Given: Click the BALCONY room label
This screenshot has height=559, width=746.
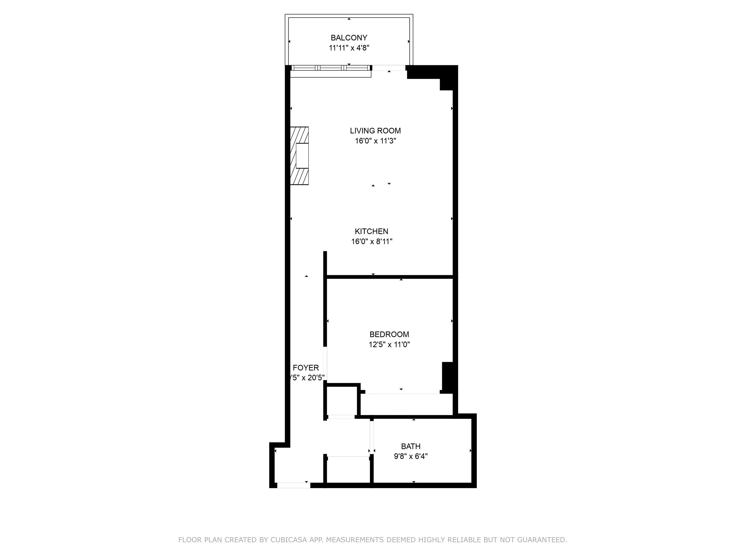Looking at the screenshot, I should coord(349,38).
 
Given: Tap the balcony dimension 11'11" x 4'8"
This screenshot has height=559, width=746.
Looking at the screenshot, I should coord(349,48).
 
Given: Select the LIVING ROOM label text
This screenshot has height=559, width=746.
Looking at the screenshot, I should coord(375,131).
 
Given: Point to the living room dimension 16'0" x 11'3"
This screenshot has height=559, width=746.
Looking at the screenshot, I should coord(375,141).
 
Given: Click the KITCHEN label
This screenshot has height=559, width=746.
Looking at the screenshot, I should coord(371,231).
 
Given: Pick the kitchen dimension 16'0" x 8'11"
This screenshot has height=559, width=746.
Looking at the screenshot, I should coord(371,241).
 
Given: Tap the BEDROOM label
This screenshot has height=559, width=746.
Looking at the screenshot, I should coord(389,335).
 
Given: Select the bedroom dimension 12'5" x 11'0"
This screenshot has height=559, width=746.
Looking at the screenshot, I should coord(389,345).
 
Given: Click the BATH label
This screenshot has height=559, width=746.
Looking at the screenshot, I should coord(410,447).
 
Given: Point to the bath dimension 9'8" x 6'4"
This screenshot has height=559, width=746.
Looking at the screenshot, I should coord(410,456).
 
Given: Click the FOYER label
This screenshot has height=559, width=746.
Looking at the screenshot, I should coord(306,368).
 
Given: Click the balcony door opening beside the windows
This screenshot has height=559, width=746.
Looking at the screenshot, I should coord(389,68).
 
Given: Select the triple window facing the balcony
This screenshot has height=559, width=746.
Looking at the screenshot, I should coord(331,68).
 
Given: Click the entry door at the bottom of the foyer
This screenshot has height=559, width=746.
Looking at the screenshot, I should coord(293,485).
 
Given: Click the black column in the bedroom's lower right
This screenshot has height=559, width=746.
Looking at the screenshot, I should coord(447,377).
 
